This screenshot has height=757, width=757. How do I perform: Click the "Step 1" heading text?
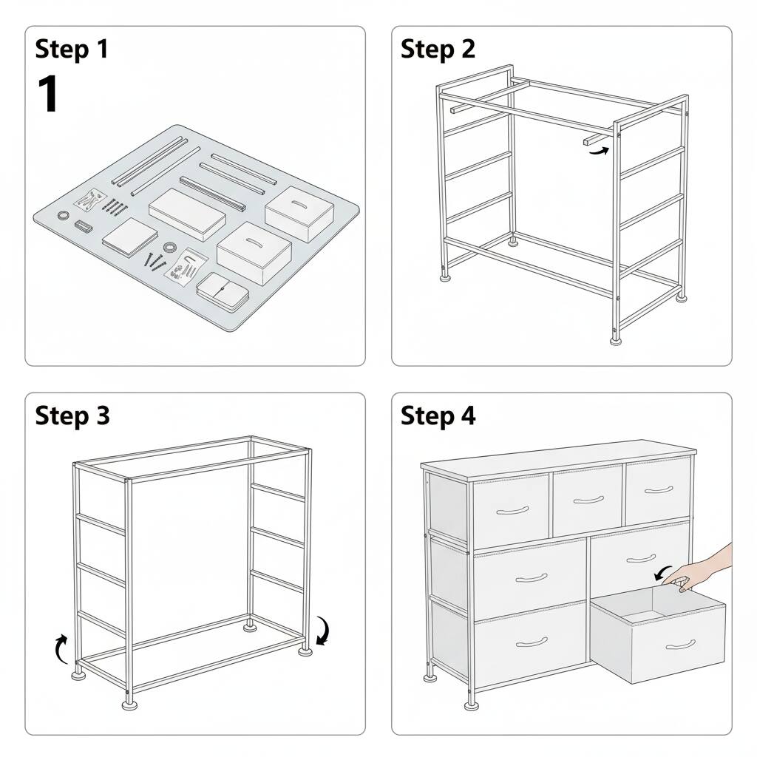click(72, 49)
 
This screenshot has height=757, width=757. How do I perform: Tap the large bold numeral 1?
click(48, 95)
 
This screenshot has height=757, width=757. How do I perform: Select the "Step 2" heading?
click(438, 49)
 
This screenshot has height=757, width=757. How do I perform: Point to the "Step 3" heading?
click(72, 415)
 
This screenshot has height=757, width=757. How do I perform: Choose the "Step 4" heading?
click(438, 415)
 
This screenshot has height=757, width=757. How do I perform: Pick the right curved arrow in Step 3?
click(323, 631)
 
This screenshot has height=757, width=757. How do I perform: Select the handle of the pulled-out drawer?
click(680, 645)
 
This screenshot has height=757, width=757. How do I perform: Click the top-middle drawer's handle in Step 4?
click(588, 500)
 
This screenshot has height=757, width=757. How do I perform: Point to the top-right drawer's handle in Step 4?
click(659, 490)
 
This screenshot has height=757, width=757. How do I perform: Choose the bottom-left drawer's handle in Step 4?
click(532, 641)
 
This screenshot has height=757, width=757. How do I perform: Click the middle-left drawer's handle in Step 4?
click(532, 577)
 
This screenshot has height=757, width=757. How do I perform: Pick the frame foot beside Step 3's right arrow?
click(304, 651)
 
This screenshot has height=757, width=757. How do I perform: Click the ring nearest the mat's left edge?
click(63, 215)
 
